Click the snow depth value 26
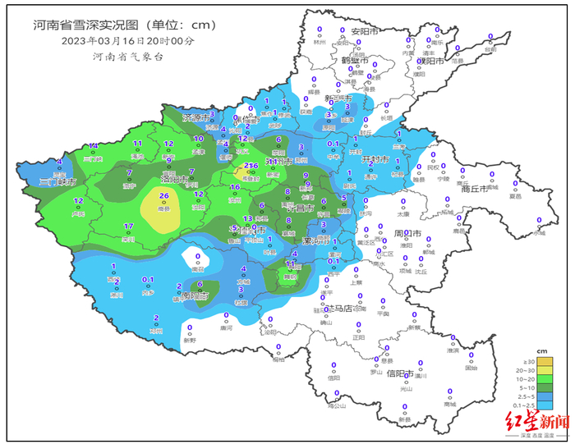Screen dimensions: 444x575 [x=164, y=195]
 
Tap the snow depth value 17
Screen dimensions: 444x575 [x=128, y=227]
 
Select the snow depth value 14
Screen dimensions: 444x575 [x=94, y=145]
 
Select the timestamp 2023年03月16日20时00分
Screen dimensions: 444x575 [x=127, y=40]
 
